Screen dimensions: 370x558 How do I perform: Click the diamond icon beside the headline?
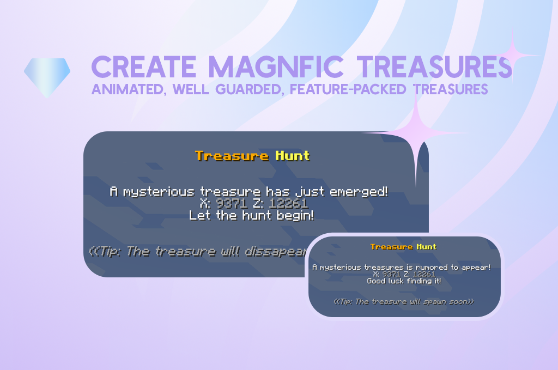click(x=47, y=76)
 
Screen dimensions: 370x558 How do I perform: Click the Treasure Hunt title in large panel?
click(x=252, y=156)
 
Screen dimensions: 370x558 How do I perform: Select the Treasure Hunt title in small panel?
click(x=403, y=247)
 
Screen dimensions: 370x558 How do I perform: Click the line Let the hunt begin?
click(x=251, y=215)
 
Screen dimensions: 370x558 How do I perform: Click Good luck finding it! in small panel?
click(x=404, y=281)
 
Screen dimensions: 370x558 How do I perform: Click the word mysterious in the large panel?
click(x=159, y=192)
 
